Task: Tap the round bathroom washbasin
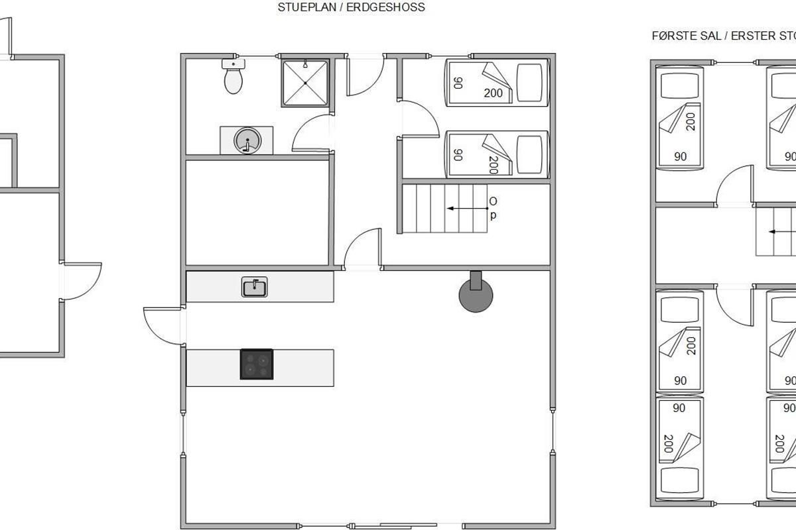[x=247, y=140]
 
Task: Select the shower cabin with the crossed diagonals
[x=305, y=83]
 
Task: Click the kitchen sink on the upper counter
[x=255, y=287]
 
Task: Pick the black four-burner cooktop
[x=257, y=364]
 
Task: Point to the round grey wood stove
[x=476, y=295]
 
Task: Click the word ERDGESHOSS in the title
[x=385, y=7]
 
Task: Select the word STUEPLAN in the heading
[x=306, y=7]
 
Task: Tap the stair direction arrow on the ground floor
[x=468, y=209]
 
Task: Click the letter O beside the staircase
[x=493, y=201]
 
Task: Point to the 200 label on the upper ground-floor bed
[x=494, y=93]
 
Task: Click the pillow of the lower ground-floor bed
[x=529, y=154]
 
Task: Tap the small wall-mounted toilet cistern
[x=233, y=64]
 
